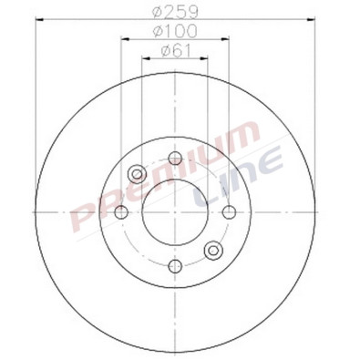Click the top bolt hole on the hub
point(175,158)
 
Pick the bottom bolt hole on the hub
point(175,265)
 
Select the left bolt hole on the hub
point(120,211)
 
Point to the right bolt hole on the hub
point(229,211)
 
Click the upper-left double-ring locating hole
point(138,173)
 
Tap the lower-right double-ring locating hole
point(213,250)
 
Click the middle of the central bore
point(175,211)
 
